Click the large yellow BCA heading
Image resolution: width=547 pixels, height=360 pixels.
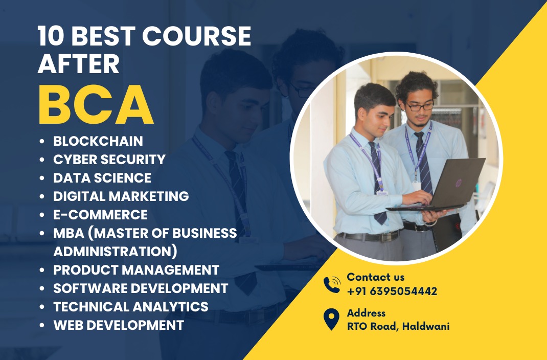(96, 105)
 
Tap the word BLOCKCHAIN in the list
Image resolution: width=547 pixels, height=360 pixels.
(98, 141)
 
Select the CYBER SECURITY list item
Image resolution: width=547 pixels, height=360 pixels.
(109, 160)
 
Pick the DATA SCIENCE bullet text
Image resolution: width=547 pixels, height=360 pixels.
(102, 178)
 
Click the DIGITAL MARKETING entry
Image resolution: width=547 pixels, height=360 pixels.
(121, 196)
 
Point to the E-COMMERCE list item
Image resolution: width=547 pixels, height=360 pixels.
(101, 215)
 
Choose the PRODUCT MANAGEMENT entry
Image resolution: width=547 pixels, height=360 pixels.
(136, 269)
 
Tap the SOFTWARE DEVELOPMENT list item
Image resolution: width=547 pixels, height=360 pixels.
(141, 288)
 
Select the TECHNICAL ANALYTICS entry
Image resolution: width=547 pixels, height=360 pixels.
(131, 307)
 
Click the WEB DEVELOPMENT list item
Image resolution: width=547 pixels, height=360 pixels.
(119, 325)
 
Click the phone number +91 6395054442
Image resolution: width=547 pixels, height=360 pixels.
(392, 291)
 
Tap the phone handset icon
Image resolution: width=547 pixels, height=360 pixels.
(332, 284)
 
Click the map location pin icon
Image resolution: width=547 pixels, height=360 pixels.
(331, 319)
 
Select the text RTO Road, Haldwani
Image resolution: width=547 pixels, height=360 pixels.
(398, 326)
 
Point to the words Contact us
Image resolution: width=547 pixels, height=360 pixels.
(376, 277)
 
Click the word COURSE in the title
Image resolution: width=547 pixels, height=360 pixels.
(196, 36)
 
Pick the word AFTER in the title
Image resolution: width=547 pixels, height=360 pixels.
(79, 63)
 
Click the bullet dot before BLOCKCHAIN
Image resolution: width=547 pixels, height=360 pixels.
(42, 141)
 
